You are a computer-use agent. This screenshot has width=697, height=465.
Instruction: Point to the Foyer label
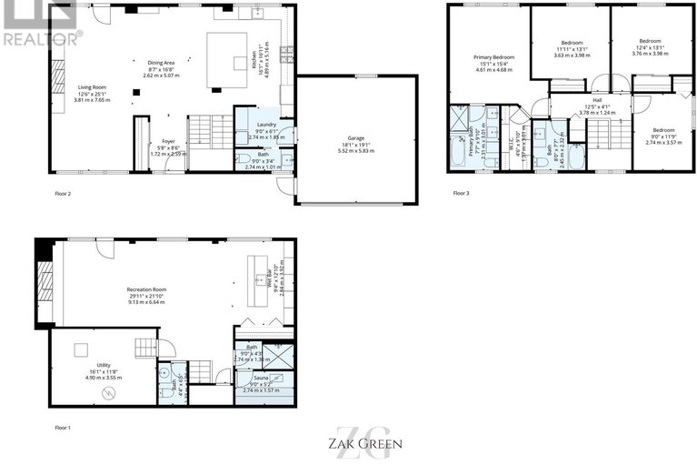click(x=168, y=141)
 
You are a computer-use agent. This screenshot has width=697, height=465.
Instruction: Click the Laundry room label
click(x=266, y=124)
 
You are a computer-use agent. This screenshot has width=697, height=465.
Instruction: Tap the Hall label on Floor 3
click(x=597, y=100)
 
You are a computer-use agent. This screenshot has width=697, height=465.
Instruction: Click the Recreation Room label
click(x=146, y=289)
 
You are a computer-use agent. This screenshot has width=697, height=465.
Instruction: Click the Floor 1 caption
click(x=63, y=426)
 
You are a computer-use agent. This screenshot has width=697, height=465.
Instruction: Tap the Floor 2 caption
click(x=63, y=194)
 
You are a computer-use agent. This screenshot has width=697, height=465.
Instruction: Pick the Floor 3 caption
click(x=462, y=193)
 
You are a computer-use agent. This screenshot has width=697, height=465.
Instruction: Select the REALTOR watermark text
click(x=41, y=38)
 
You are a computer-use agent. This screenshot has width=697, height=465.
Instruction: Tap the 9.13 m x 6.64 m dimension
click(x=146, y=302)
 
